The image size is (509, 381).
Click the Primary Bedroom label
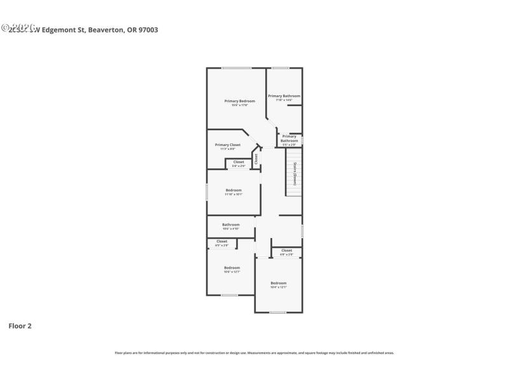click(x=239, y=101)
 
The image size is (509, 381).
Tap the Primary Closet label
click(x=227, y=145)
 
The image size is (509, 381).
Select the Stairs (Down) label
click(x=295, y=173)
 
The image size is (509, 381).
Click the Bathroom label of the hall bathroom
click(x=230, y=225)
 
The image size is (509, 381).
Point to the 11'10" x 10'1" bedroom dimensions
click(x=234, y=194)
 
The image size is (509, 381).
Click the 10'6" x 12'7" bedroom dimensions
click(x=232, y=272)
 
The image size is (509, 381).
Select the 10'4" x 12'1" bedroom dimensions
click(x=279, y=287)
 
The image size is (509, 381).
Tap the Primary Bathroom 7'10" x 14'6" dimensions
click(x=284, y=100)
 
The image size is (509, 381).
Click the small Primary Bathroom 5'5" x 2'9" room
click(x=289, y=140)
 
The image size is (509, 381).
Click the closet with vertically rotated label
click(x=256, y=159)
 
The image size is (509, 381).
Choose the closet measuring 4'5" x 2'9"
click(x=221, y=243)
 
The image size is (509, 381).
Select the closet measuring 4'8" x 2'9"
click(x=286, y=252)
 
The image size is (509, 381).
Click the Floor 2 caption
click(x=20, y=326)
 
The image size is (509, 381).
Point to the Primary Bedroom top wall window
click(x=236, y=68)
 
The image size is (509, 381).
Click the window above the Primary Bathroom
click(x=280, y=68)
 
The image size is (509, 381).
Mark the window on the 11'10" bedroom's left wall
click(x=207, y=192)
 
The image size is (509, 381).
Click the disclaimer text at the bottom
click(x=254, y=352)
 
